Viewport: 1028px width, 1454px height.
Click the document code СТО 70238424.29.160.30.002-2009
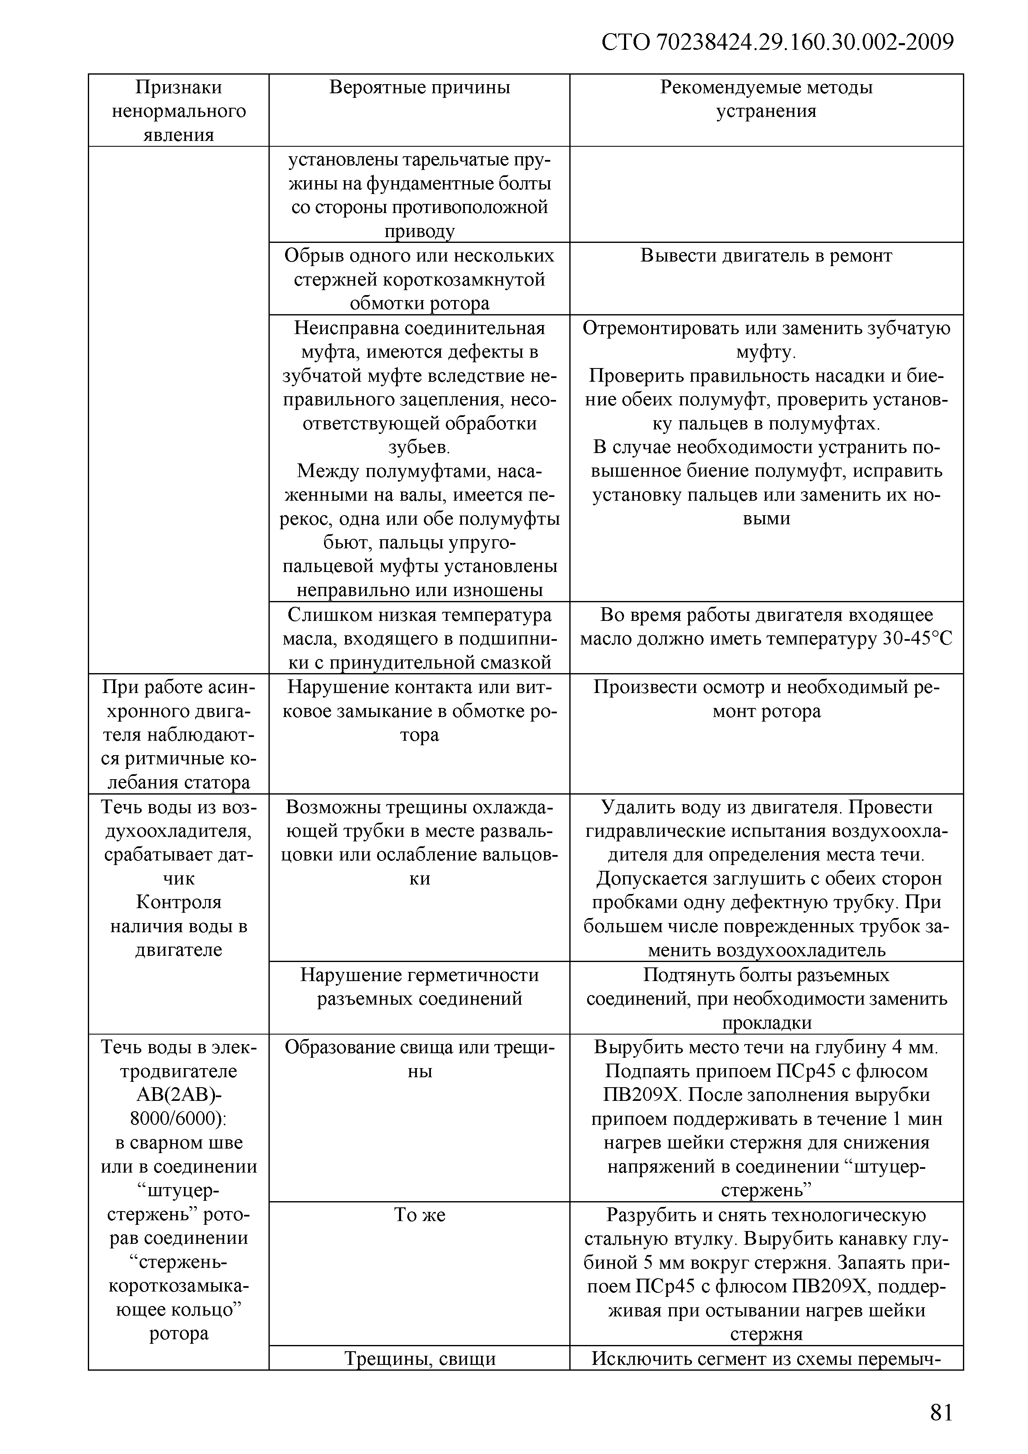[777, 42]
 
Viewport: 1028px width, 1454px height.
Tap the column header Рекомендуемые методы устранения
[766, 99]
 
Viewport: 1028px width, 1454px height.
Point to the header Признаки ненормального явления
[179, 111]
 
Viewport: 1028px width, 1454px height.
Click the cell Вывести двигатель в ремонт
[766, 256]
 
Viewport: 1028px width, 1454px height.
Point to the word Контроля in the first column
[179, 902]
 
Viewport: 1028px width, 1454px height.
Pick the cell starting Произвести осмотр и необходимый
[766, 699]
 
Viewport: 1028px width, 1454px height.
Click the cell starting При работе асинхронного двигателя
[179, 734]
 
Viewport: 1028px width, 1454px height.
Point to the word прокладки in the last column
[766, 1023]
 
